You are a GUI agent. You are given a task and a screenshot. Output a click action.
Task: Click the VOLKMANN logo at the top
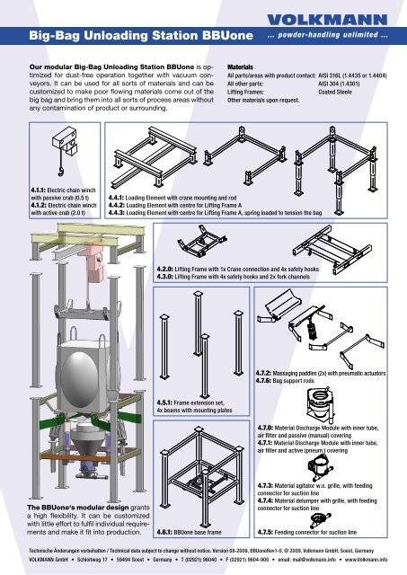327,20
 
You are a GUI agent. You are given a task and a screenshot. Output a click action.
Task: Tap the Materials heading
240,67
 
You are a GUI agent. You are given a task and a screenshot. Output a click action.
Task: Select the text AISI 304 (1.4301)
339,84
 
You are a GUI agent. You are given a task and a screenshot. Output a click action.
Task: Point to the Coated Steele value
335,92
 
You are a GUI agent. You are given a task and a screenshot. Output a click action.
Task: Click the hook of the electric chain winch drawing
60,171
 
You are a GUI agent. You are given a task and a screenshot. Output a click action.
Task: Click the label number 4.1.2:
39,206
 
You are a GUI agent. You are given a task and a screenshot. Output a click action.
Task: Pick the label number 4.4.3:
116,213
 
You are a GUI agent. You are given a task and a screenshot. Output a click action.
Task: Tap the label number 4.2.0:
164,270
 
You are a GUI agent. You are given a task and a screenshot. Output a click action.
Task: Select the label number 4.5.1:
164,402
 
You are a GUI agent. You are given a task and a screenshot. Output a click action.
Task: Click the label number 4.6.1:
164,532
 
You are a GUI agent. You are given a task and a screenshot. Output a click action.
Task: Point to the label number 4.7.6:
263,381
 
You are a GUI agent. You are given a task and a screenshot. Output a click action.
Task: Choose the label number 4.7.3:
265,485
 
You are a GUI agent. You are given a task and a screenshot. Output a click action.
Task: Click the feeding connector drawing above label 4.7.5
320,519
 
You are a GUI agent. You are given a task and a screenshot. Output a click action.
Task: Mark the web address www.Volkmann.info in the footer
366,560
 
